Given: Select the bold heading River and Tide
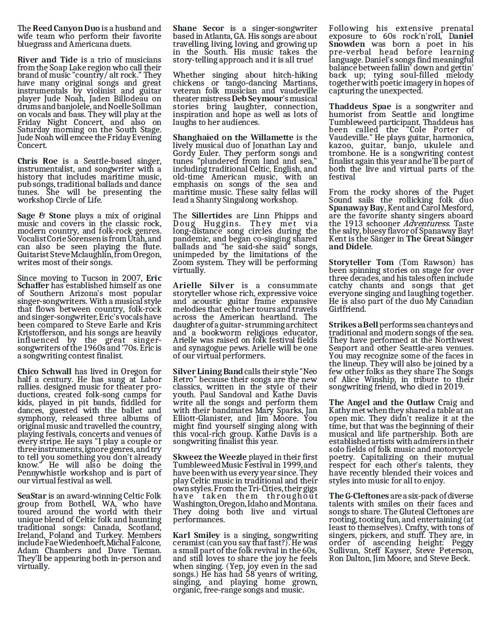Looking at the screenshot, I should coord(47,60).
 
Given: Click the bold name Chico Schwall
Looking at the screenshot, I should coord(44,372).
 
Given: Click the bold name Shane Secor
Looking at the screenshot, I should coord(199,28).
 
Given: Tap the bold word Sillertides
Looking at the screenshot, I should coord(210,215).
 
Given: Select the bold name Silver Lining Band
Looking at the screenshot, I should coord(208,372).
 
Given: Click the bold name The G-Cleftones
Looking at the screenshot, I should coord(359,496).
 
